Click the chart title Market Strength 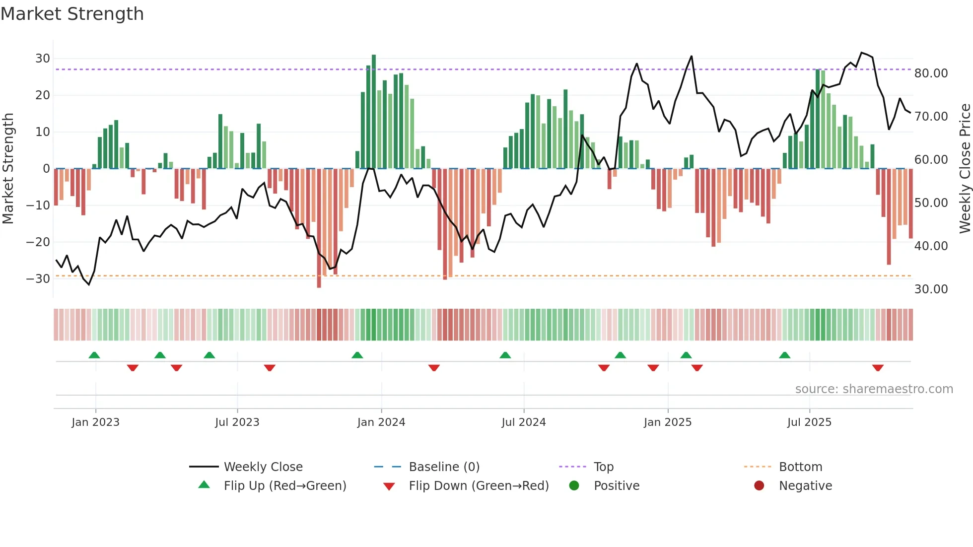72,14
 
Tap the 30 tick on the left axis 43,59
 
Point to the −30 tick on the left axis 39,278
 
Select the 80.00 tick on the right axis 931,73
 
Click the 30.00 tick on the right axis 931,289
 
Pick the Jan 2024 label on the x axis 381,422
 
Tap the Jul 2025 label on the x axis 809,422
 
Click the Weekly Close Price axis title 965,169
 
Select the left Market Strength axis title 8,169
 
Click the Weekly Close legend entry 263,467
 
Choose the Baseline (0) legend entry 444,467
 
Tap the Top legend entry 603,467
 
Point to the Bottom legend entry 800,467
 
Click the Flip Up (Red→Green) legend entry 284,486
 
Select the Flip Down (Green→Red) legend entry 479,486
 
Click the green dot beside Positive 574,486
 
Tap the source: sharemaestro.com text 874,389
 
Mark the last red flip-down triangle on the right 877,368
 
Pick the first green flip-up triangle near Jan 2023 94,355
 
